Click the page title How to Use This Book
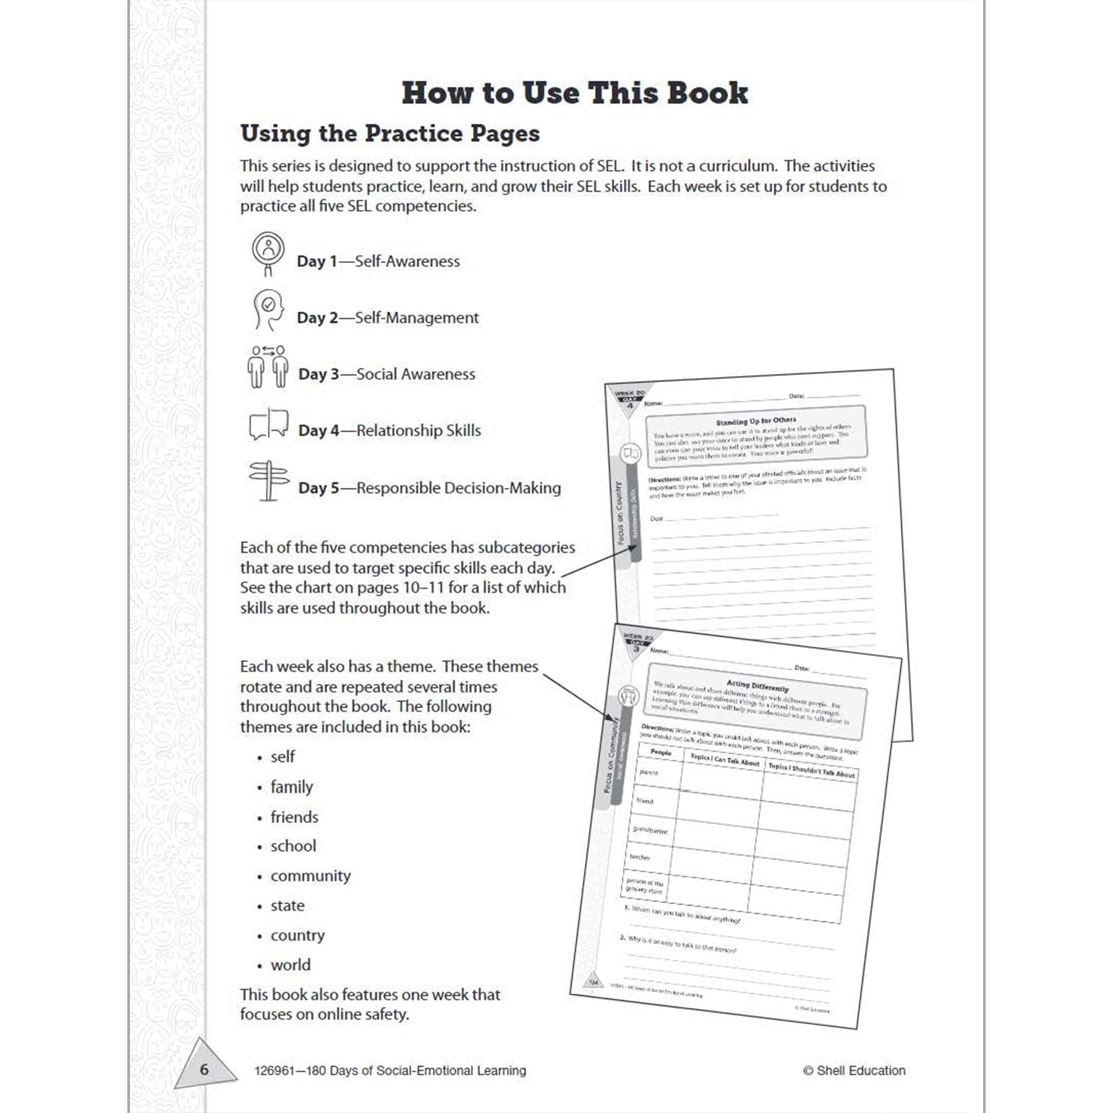[574, 93]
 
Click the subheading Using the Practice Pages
[390, 134]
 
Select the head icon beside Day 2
[268, 310]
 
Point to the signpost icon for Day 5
[268, 480]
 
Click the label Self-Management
[417, 318]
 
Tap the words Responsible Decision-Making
[458, 488]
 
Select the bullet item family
[291, 787]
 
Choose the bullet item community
[310, 876]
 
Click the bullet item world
[291, 965]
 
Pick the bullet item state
[288, 905]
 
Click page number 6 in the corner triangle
[204, 1070]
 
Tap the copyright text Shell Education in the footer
[860, 1070]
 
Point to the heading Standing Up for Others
[756, 421]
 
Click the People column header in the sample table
[660, 753]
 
